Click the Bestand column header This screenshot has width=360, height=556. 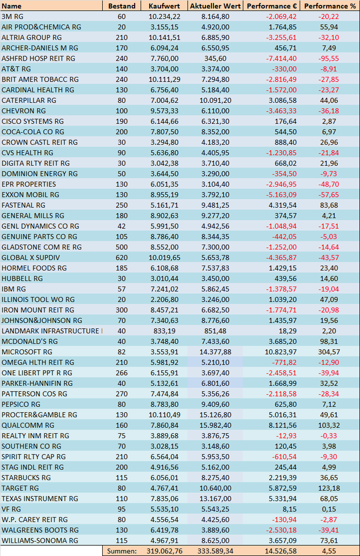click(122, 6)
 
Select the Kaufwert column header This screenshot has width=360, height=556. click(164, 6)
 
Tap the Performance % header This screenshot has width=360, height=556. click(330, 6)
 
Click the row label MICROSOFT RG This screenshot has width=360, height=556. click(27, 352)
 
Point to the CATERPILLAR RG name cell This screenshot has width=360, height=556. click(29, 101)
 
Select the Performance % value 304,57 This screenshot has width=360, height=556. click(329, 352)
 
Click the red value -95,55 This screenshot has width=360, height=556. click(329, 58)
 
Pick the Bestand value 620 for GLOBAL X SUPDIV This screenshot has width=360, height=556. click(122, 258)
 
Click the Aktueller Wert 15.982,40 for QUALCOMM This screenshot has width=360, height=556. click(215, 426)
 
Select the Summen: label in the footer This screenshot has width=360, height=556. click(122, 551)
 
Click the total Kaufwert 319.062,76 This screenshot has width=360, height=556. click(164, 551)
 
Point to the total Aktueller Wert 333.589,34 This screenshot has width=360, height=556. click(216, 551)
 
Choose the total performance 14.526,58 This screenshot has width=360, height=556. click(281, 551)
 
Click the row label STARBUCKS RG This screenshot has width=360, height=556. click(26, 478)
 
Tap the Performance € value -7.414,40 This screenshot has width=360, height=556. click(281, 58)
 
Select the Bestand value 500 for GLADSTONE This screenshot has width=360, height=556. click(122, 247)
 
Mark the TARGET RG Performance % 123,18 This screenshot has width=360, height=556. click(329, 488)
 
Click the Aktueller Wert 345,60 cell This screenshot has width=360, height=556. click(215, 58)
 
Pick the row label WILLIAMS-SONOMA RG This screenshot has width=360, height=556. click(39, 541)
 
